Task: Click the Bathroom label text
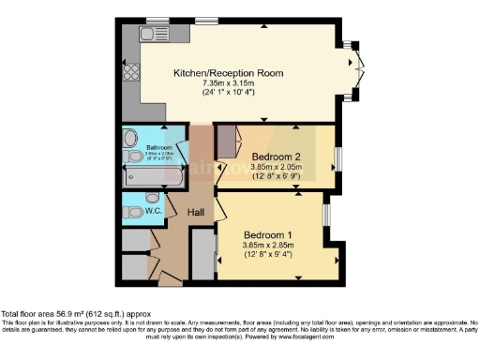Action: click(x=157, y=147)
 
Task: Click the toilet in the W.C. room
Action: click(x=131, y=211)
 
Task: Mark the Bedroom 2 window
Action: click(x=339, y=154)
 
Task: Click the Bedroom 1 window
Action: click(x=325, y=215)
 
